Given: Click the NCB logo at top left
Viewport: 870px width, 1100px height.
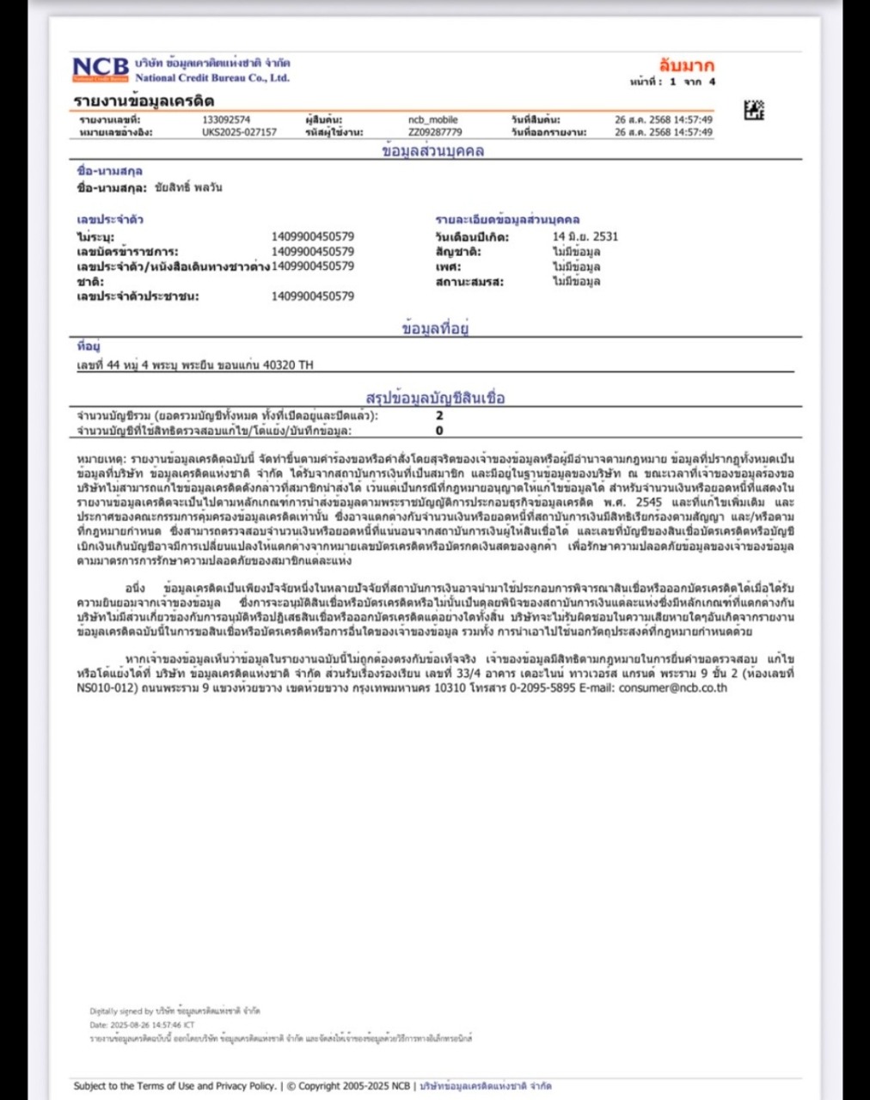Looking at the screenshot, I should point(101,69).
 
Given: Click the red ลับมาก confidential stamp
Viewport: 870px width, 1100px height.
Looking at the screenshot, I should point(686,65).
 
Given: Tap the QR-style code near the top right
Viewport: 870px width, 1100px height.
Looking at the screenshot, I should point(753,110).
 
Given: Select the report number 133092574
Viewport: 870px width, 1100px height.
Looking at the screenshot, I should point(226,120).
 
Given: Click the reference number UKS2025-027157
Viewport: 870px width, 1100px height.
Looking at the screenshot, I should point(239,132).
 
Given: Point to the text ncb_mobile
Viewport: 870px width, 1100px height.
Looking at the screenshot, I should point(432,120).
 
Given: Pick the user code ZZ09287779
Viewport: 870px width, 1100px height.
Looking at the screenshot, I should point(435,132).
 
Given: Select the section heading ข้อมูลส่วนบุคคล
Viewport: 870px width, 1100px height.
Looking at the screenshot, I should point(433,151).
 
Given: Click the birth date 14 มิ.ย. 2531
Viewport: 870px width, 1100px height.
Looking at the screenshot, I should point(585,236).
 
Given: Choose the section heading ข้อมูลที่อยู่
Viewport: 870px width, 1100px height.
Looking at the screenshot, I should point(435,328).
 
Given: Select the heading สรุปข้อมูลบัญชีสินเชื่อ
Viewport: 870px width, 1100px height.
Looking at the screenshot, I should point(435,398).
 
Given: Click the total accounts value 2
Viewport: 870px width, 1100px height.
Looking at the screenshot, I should point(439,415).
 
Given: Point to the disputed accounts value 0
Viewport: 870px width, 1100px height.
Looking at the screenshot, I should point(439,431).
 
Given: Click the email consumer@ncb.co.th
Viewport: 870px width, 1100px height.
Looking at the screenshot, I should point(673,687).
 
